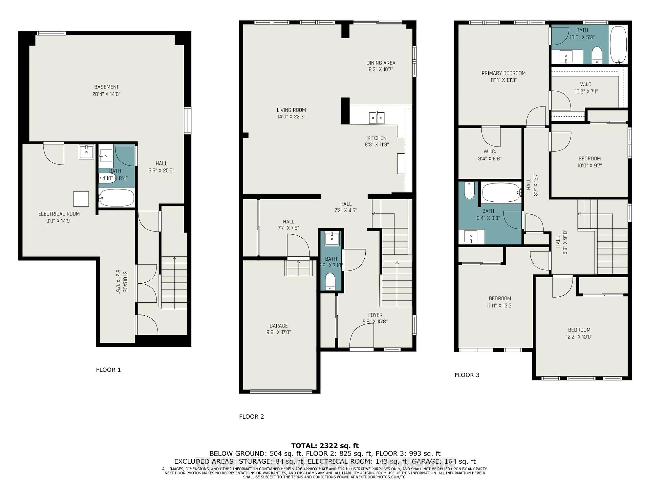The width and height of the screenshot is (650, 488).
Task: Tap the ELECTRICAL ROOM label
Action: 59,214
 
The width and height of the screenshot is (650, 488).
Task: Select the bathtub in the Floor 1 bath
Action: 117,198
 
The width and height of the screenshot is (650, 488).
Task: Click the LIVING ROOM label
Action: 291,110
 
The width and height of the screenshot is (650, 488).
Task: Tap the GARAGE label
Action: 279,326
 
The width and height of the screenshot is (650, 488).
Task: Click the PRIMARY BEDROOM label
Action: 503,73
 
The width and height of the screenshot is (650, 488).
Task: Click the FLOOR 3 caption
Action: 467,375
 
